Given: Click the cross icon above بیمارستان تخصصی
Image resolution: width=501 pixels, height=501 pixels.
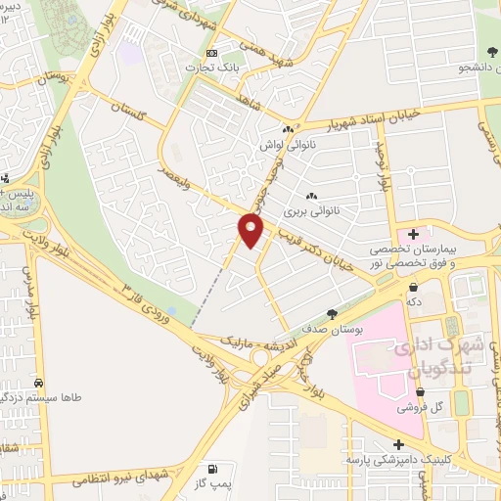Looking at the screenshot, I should tap(413, 233).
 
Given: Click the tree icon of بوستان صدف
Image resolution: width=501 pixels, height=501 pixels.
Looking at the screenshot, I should tap(333, 313).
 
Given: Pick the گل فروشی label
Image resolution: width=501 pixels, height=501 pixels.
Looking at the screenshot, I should tap(424, 405).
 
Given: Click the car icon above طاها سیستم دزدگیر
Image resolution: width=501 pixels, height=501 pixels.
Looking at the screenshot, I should tap(38, 383).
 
